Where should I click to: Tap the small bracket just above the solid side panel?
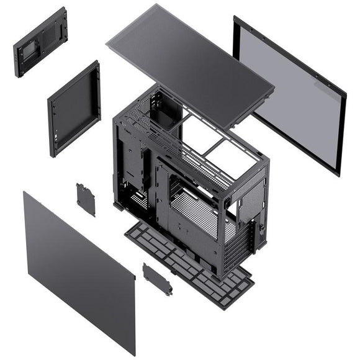(x=86, y=199)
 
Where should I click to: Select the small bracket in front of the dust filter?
(x=157, y=279)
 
